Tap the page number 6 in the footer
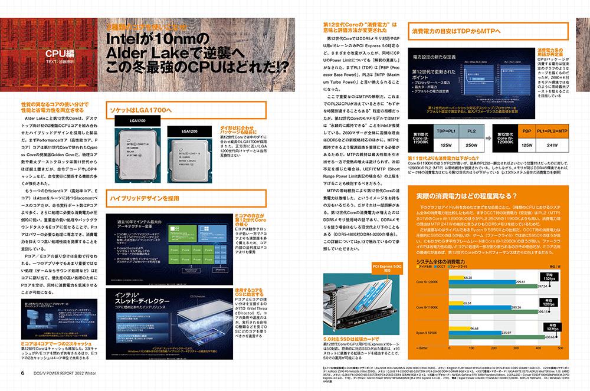tap(22, 372)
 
